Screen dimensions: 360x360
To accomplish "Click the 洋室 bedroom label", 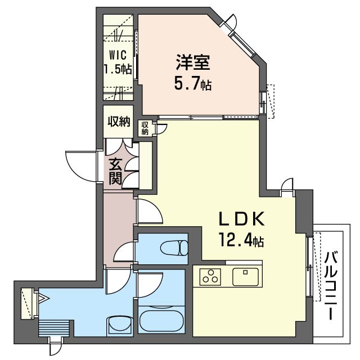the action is point(193,62).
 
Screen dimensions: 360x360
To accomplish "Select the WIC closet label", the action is point(118,55).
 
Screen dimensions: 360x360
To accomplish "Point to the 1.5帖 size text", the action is point(118,69).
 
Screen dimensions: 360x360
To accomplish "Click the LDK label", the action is point(242,219).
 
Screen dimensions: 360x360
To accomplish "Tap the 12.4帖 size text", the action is point(242,240).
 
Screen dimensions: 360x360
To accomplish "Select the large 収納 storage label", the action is point(119,121).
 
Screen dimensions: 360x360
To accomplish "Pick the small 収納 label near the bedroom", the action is point(145,128).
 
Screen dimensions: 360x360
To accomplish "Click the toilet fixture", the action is point(174,247).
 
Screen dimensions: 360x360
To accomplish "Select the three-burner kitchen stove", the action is point(210,277).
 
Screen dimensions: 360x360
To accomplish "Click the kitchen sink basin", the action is point(245,277).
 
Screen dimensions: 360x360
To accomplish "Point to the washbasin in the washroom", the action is point(120,326).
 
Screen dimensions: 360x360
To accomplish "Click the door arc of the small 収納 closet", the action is point(164,129).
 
